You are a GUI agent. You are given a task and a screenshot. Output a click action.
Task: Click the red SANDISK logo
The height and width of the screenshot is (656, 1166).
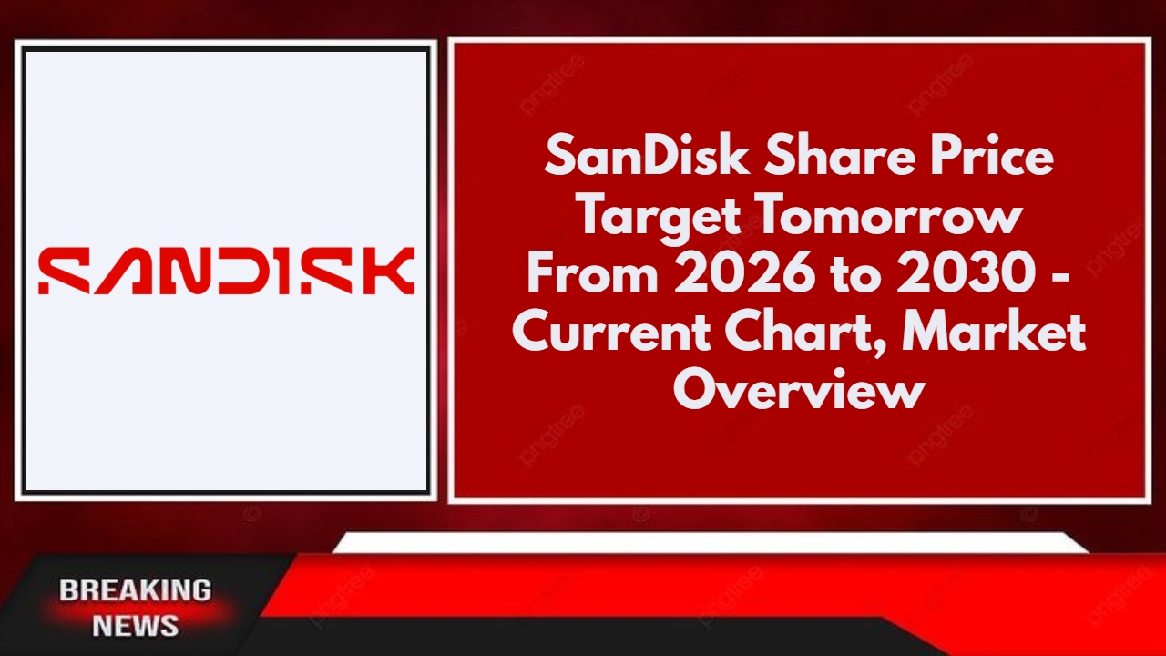[x=226, y=271]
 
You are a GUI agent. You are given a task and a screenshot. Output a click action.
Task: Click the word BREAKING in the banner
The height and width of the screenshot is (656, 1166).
[x=135, y=590]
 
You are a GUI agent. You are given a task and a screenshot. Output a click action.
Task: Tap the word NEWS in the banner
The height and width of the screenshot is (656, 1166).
[x=135, y=626]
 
